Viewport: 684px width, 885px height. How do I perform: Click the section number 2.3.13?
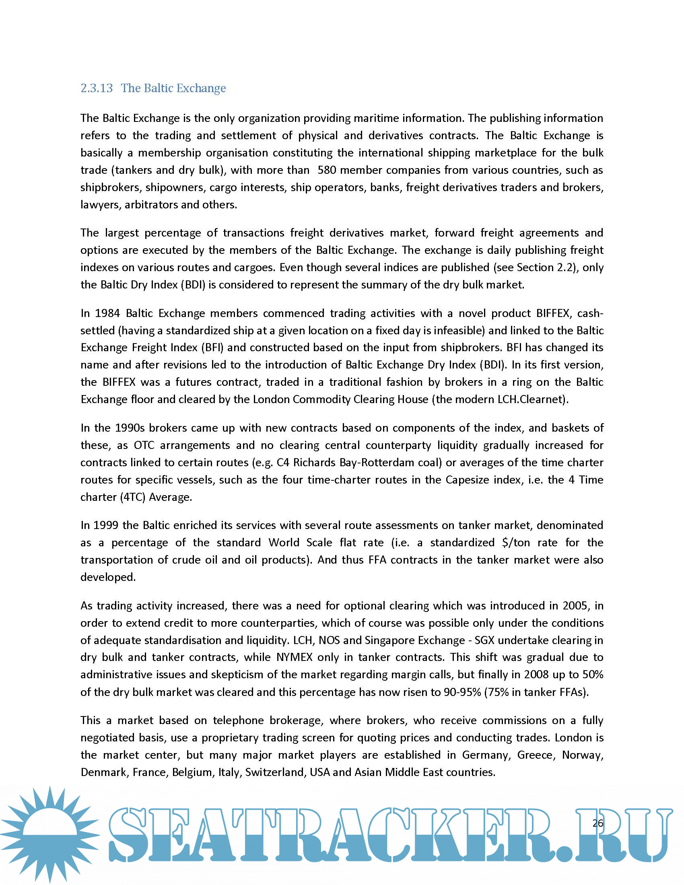pos(97,88)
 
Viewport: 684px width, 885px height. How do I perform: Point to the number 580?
pos(327,170)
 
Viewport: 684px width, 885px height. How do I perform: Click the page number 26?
pos(597,823)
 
